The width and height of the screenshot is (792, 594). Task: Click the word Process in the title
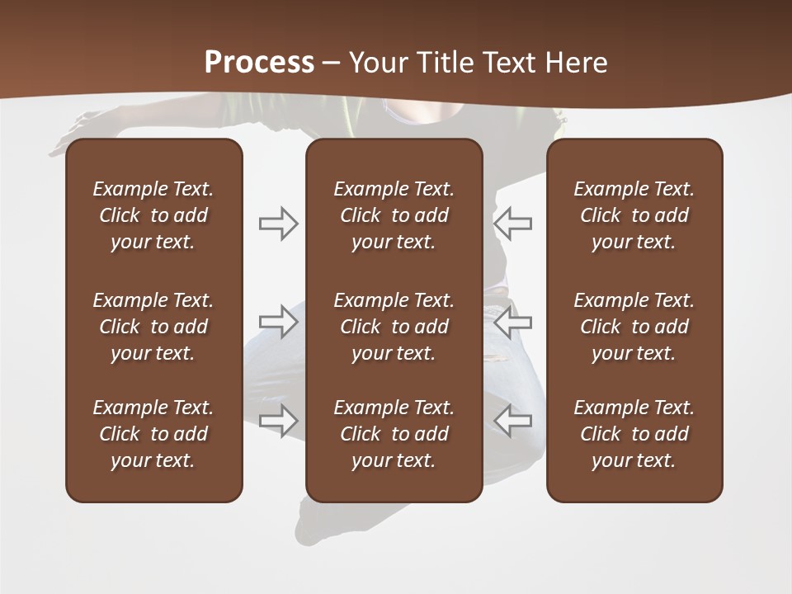point(259,63)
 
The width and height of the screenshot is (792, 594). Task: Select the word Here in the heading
point(575,63)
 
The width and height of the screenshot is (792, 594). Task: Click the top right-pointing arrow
point(278,224)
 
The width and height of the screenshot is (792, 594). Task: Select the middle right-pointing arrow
point(278,322)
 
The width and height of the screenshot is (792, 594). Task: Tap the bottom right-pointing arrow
point(278,420)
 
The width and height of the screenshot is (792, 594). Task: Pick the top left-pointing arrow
point(513,224)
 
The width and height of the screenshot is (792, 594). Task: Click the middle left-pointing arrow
point(513,322)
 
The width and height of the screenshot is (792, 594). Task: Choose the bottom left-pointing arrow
point(513,420)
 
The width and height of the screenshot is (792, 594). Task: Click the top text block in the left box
point(153,215)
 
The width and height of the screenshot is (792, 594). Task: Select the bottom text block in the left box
point(153,434)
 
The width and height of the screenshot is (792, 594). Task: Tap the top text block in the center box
point(394,215)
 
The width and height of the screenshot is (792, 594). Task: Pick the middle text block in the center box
point(394,327)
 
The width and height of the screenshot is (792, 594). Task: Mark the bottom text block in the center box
point(394,434)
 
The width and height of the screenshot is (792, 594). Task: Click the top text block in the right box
point(634,215)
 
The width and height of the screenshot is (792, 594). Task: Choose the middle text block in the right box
point(634,327)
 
